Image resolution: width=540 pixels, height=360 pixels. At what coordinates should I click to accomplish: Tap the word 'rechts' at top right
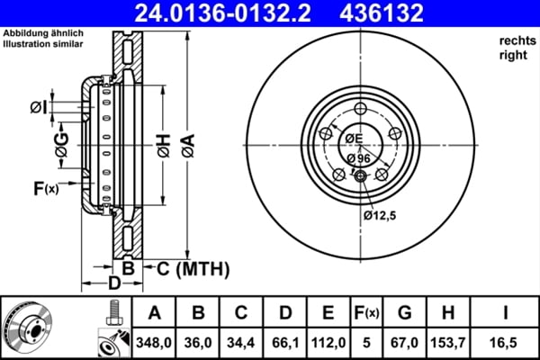(515, 40)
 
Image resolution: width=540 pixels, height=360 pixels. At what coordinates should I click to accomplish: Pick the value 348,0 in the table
(154, 343)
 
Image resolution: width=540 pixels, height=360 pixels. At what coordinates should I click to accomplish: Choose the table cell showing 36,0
(198, 343)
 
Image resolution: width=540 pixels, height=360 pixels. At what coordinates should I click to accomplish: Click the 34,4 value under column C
(242, 343)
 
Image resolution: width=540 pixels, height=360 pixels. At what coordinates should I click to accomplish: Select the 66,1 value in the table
(285, 343)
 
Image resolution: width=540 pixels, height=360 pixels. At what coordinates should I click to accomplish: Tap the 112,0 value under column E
(329, 343)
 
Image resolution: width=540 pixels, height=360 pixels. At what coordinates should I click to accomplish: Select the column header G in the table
(405, 313)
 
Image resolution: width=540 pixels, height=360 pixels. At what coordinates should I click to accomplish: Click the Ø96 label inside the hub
(359, 158)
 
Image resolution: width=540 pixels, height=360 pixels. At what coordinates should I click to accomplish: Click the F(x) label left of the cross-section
(45, 188)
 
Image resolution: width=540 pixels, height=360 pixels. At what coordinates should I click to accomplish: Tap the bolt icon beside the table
(113, 313)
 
